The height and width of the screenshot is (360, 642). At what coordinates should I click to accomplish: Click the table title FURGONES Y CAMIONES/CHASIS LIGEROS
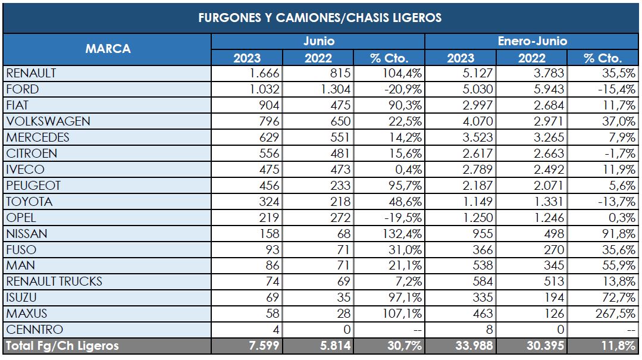click(x=320, y=17)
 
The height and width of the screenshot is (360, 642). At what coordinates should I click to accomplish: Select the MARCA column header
click(x=108, y=49)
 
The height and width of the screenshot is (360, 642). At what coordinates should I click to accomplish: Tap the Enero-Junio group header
click(x=532, y=41)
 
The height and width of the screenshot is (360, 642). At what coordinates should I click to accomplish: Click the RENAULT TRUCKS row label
click(x=54, y=281)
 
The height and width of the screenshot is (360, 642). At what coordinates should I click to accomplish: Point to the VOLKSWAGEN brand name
click(x=48, y=121)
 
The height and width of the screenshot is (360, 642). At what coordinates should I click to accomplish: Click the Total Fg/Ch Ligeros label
click(x=62, y=346)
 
